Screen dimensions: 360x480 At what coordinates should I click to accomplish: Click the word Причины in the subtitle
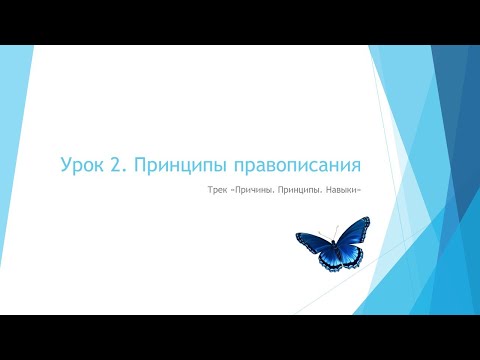coord(250,189)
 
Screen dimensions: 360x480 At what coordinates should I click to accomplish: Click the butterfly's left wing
coord(312,246)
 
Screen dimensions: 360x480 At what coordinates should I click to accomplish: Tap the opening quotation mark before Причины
coord(227,189)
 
